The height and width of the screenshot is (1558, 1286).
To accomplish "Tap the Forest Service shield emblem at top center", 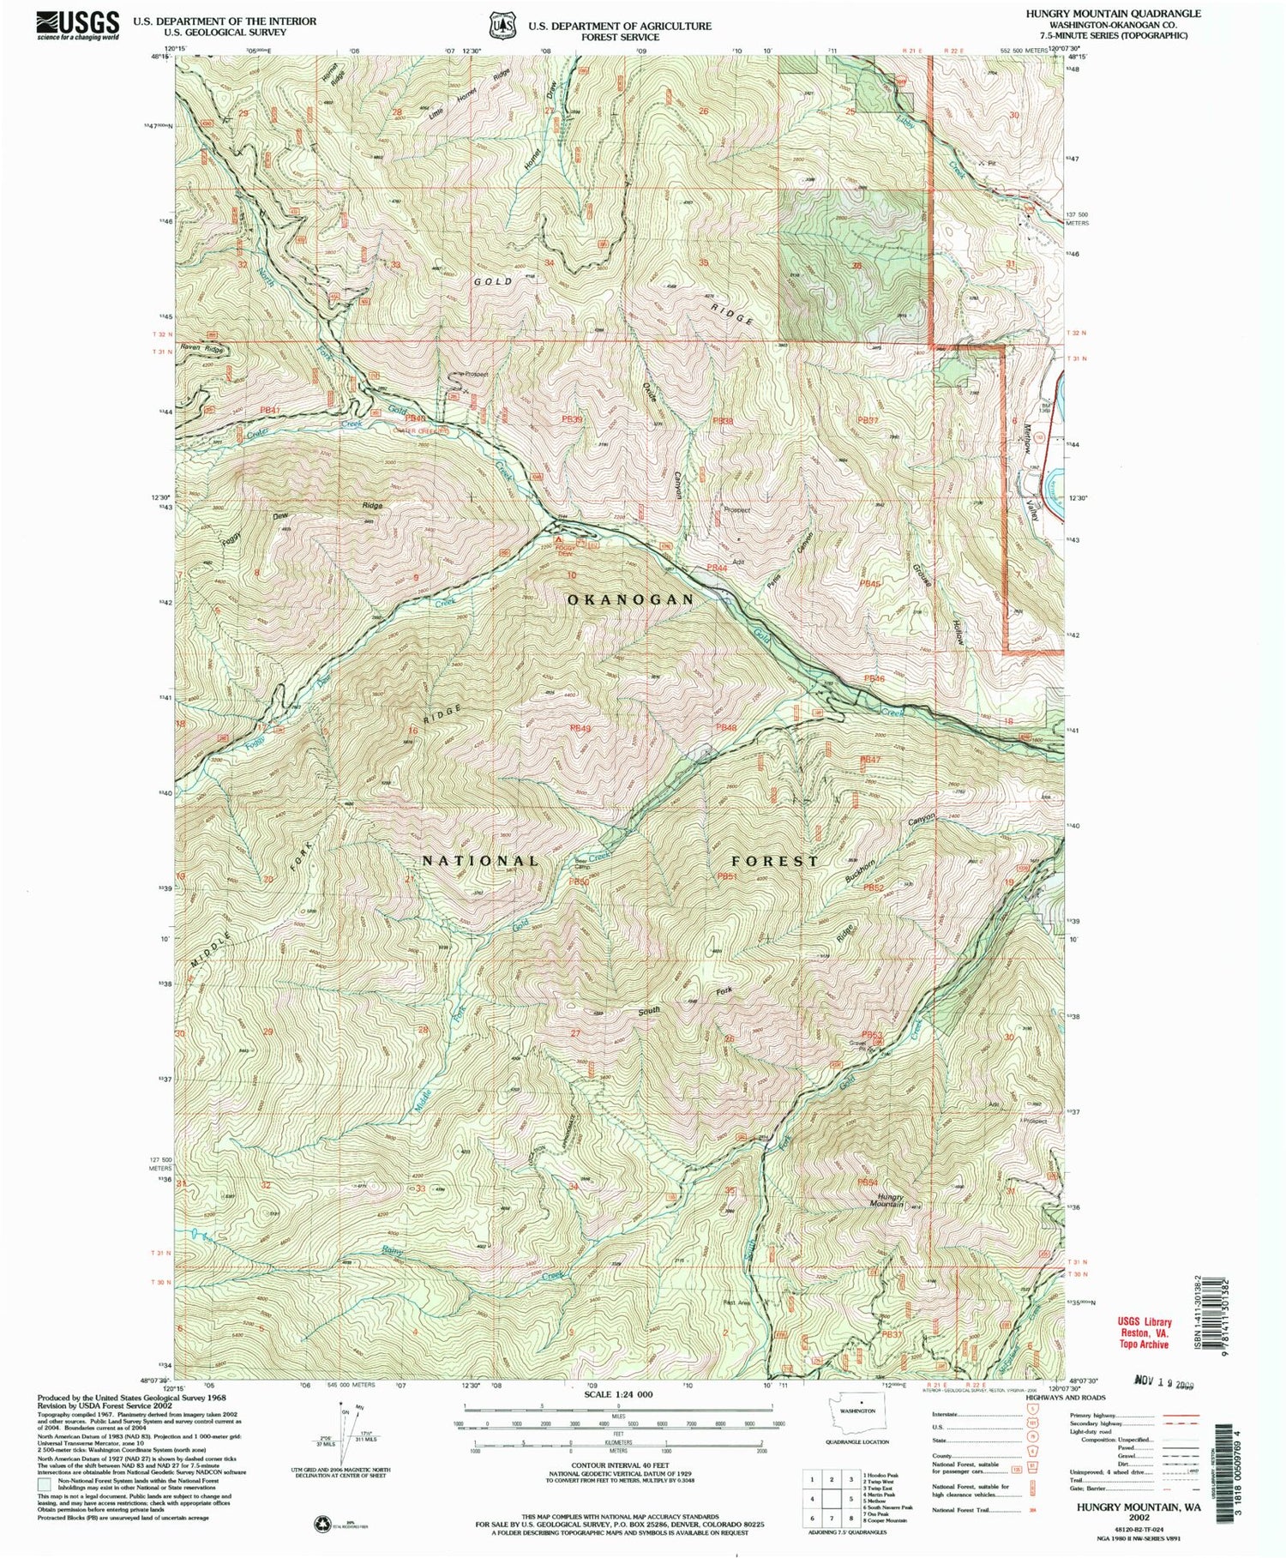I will pos(500,26).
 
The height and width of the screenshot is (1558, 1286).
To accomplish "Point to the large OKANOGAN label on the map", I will pos(630,600).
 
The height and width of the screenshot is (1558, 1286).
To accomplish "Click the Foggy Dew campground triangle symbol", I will pos(559,542).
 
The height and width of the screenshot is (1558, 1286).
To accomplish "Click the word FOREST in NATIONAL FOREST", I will pos(775,860).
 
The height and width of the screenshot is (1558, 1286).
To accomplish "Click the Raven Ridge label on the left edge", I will pos(202,351).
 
